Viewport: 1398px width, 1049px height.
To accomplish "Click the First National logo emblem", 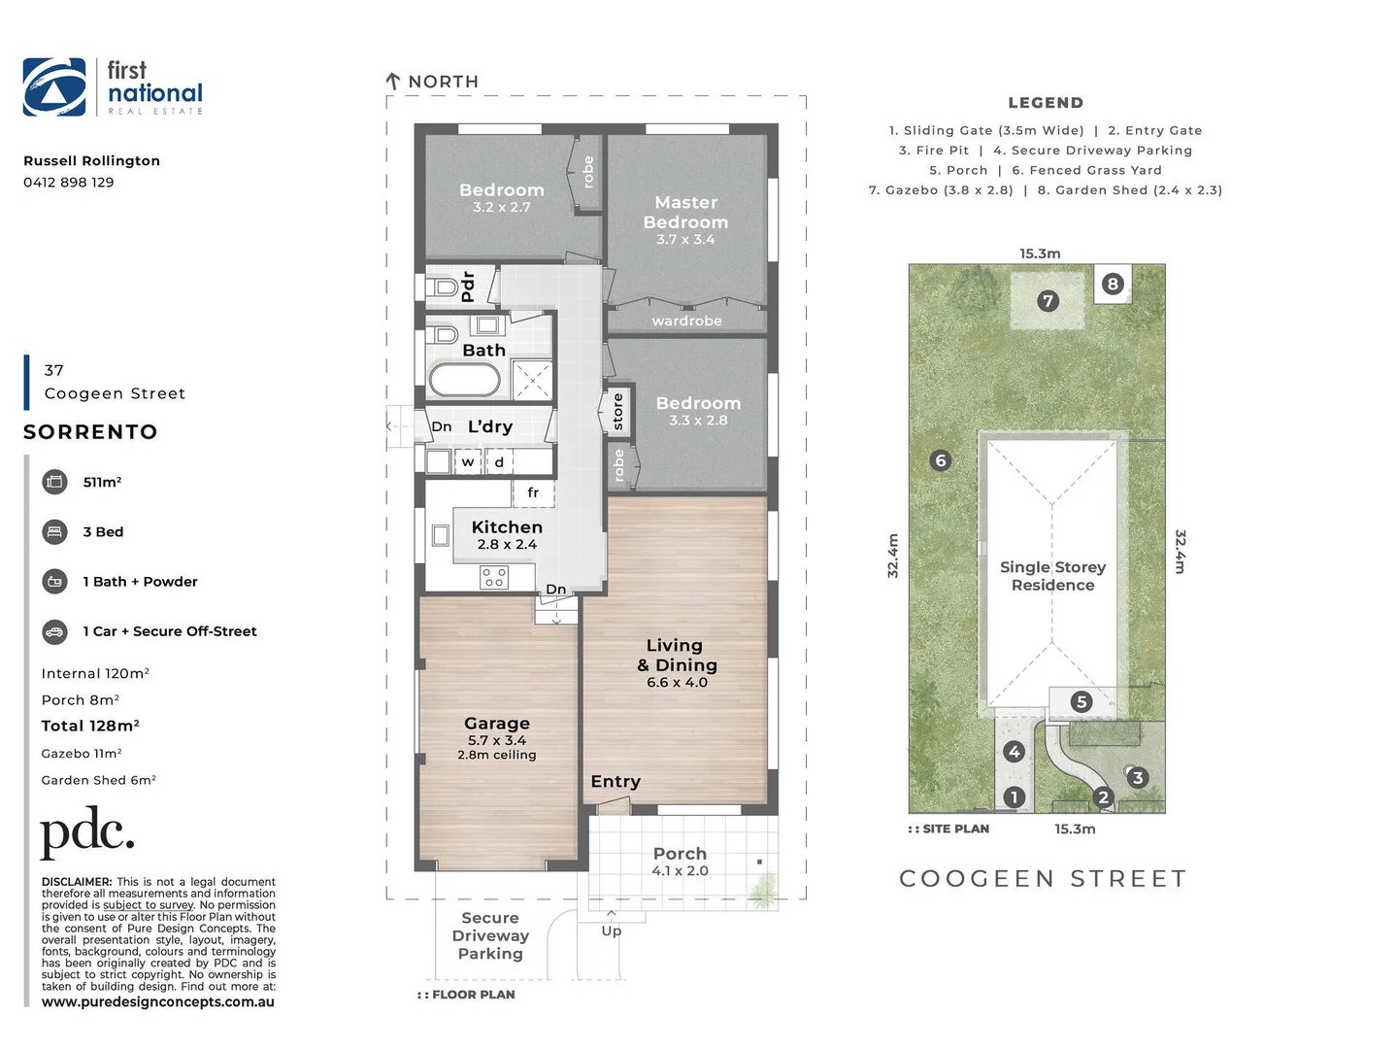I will pos(54,86).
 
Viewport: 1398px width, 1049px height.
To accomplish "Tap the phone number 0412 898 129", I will pos(69,183).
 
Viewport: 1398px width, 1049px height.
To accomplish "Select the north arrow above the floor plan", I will pos(393,82).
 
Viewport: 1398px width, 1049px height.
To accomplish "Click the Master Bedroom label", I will pos(685,213).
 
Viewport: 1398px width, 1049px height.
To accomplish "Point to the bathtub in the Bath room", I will pos(465,380).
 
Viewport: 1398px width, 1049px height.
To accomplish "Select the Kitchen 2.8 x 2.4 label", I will pos(507,534).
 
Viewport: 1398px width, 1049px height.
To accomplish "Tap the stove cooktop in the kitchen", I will pos(494,578).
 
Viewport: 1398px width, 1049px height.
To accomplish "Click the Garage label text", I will pos(497,724).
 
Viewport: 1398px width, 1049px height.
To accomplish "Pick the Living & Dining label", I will pos(677,657).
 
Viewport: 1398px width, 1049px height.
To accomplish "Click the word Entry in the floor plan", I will pos(616,782).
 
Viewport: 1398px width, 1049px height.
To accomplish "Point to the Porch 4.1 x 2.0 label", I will pos(680,861).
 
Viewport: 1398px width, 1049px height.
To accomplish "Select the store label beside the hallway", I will pos(618,412).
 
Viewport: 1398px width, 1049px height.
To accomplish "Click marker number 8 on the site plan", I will pos(1113,284).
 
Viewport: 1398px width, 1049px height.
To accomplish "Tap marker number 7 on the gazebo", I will pos(1048,301).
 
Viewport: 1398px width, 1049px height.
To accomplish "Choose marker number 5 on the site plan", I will pos(1082,701).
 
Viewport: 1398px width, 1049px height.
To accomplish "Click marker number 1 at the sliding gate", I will pos(1015,797).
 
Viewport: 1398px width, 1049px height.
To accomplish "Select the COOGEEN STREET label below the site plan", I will pos(1044,879).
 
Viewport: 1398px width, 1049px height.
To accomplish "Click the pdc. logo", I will pos(87,833).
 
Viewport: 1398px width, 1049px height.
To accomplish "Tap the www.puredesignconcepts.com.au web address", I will pos(158,1002).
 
